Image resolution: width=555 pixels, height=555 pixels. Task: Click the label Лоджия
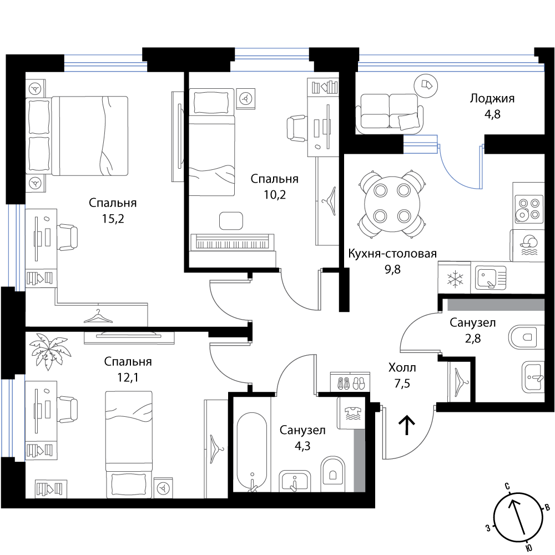[492, 98]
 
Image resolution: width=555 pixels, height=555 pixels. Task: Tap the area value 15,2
[113, 219]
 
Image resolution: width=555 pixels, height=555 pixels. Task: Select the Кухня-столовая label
[392, 254]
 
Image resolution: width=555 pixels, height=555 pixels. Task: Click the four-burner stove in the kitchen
[528, 209]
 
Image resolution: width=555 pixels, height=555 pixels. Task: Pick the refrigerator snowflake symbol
[454, 279]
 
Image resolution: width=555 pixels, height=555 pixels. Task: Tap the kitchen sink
[491, 278]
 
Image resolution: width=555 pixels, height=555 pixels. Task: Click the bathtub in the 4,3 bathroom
[251, 452]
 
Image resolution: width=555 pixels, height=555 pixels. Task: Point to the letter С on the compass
[507, 486]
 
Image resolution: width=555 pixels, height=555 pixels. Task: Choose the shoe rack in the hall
[350, 382]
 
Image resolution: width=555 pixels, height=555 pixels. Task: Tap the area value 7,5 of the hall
[402, 383]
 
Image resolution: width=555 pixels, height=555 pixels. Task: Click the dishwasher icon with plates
[527, 245]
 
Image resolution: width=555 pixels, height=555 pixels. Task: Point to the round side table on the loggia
[426, 85]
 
